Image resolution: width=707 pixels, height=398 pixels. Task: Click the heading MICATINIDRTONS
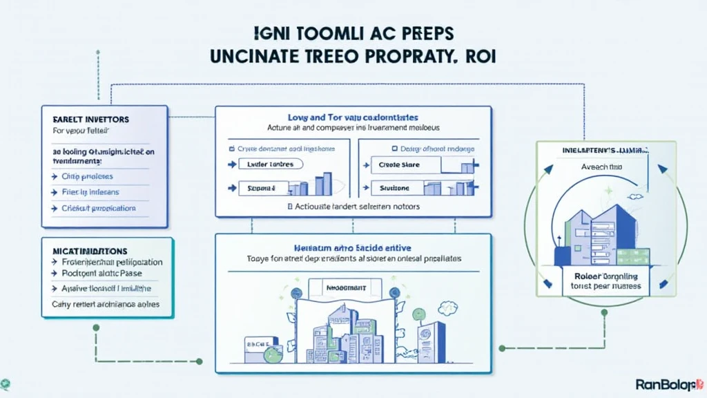[x=86, y=251]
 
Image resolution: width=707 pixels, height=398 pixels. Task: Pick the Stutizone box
[x=395, y=187]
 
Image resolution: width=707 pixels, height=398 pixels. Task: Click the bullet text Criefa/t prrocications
[x=99, y=208]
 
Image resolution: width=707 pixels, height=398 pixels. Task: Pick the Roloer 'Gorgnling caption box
[x=599, y=281]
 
